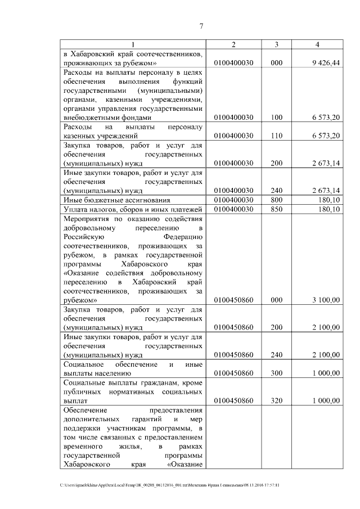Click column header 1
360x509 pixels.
click(133, 44)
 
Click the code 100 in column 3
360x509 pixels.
click(276, 118)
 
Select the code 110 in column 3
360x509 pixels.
click(276, 136)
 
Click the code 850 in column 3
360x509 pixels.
click(276, 209)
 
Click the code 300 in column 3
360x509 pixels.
click(276, 373)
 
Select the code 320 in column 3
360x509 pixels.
click(276, 400)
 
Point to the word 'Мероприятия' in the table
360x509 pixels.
click(86, 218)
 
